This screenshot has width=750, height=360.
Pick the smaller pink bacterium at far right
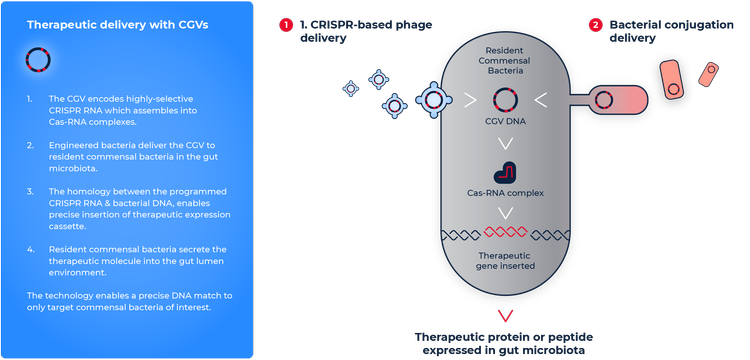709,73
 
